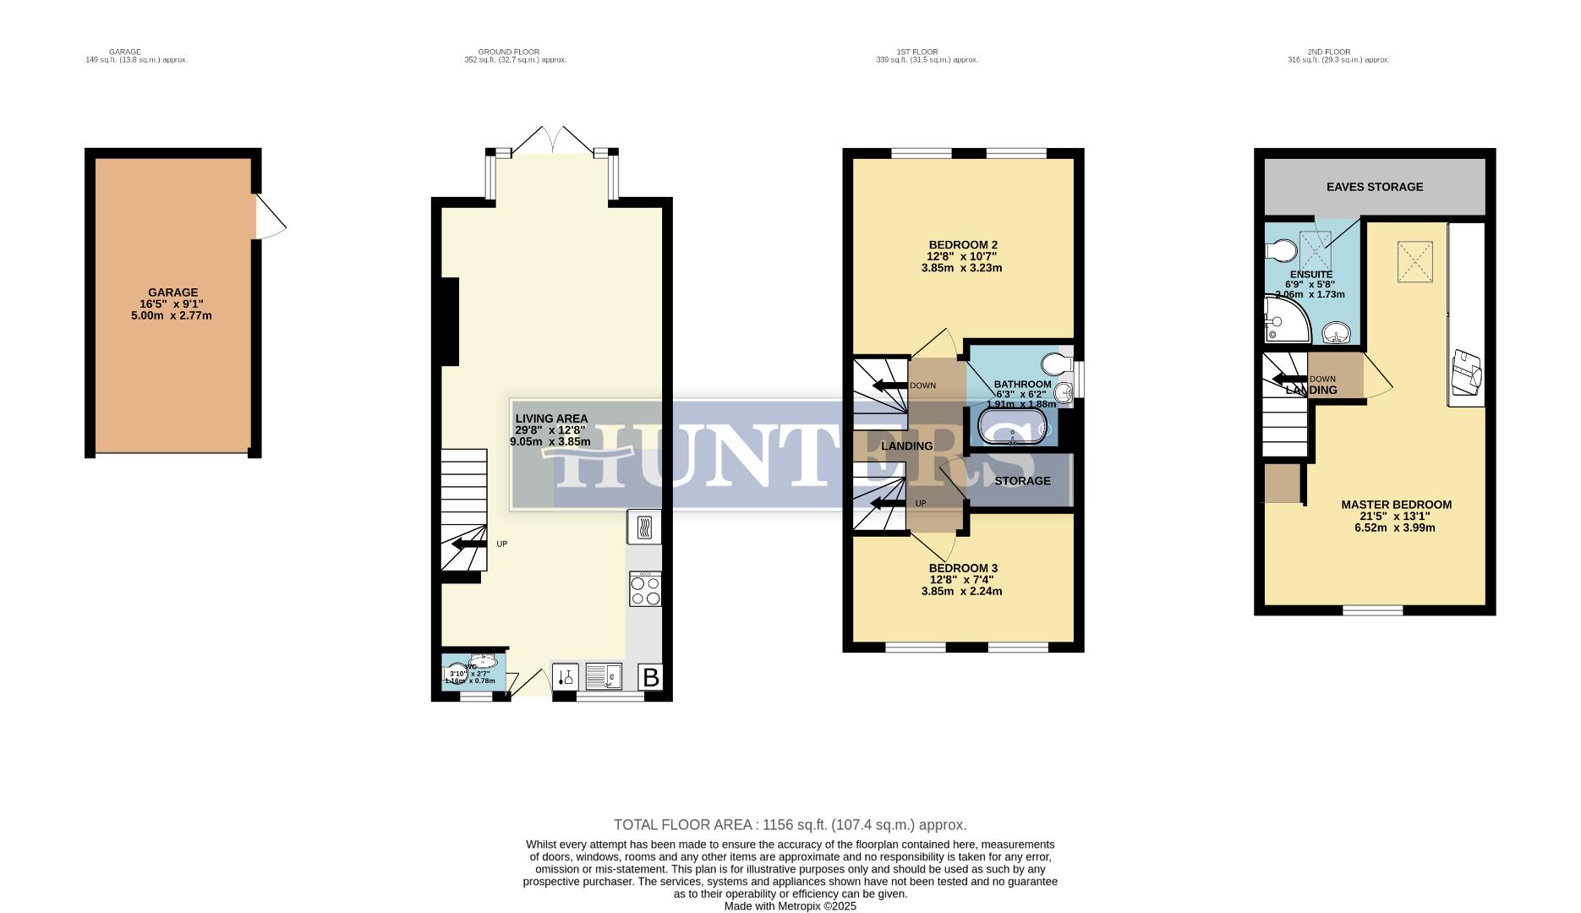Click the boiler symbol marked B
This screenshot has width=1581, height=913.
click(651, 677)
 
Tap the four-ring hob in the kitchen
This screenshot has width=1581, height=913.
click(645, 589)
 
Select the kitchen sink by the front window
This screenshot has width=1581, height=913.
click(603, 677)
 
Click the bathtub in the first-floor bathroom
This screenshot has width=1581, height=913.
click(1012, 428)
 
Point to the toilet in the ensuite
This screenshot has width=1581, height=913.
click(1282, 251)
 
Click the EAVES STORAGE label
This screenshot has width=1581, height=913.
click(1374, 187)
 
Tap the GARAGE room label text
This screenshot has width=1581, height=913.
click(173, 292)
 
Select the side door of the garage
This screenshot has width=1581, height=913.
click(270, 218)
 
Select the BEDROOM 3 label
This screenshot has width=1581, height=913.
click(962, 568)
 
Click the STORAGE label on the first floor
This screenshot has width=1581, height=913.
click(1022, 481)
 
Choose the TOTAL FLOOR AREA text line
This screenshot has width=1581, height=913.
click(790, 824)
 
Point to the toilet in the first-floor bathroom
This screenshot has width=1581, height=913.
click(1055, 364)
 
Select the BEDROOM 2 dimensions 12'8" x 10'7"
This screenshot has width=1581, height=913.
click(962, 256)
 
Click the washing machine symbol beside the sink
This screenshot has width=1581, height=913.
click(566, 677)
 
